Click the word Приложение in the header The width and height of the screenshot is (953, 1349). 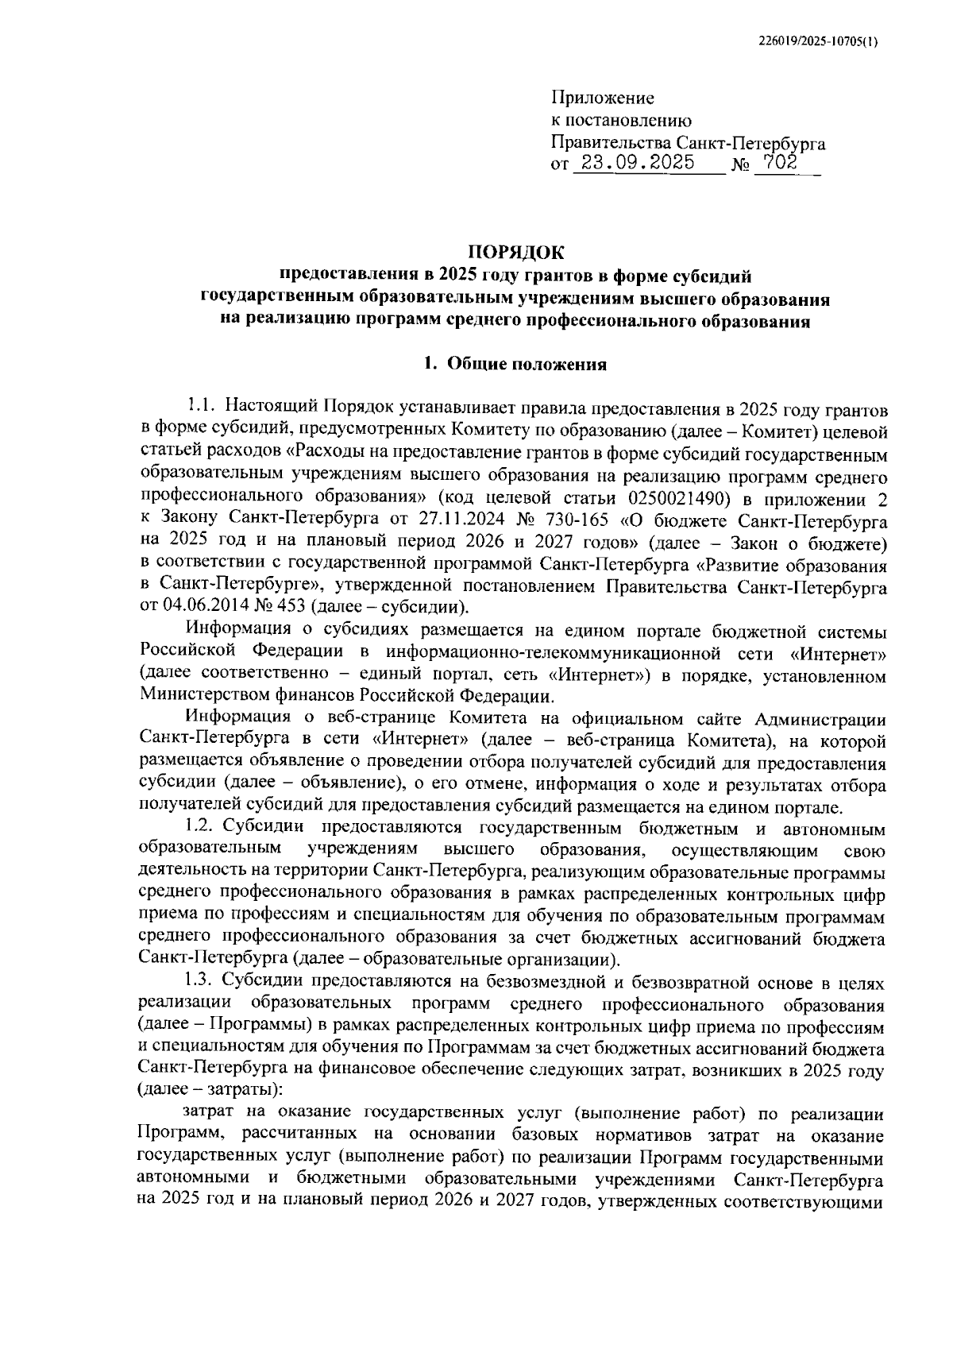point(603,99)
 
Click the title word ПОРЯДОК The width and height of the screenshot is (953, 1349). point(515,253)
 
